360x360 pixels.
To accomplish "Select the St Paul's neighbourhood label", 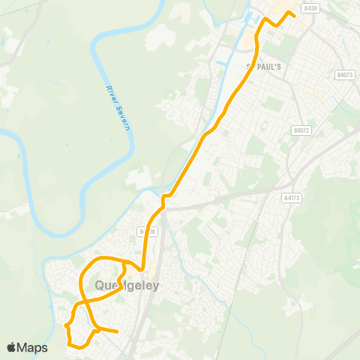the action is [264, 66].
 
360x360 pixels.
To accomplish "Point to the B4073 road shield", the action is [344, 75].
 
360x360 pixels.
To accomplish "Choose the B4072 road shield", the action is [301, 130].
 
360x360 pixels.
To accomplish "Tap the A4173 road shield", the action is [292, 198].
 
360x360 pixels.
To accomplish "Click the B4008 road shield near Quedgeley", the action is [147, 232].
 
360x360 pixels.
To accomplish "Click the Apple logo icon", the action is [11, 347].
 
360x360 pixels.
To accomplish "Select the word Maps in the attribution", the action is [32, 347].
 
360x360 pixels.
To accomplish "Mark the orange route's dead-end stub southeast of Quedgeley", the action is [117, 331].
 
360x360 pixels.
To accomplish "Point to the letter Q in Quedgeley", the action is [100, 285].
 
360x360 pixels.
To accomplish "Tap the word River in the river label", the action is [112, 96].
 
